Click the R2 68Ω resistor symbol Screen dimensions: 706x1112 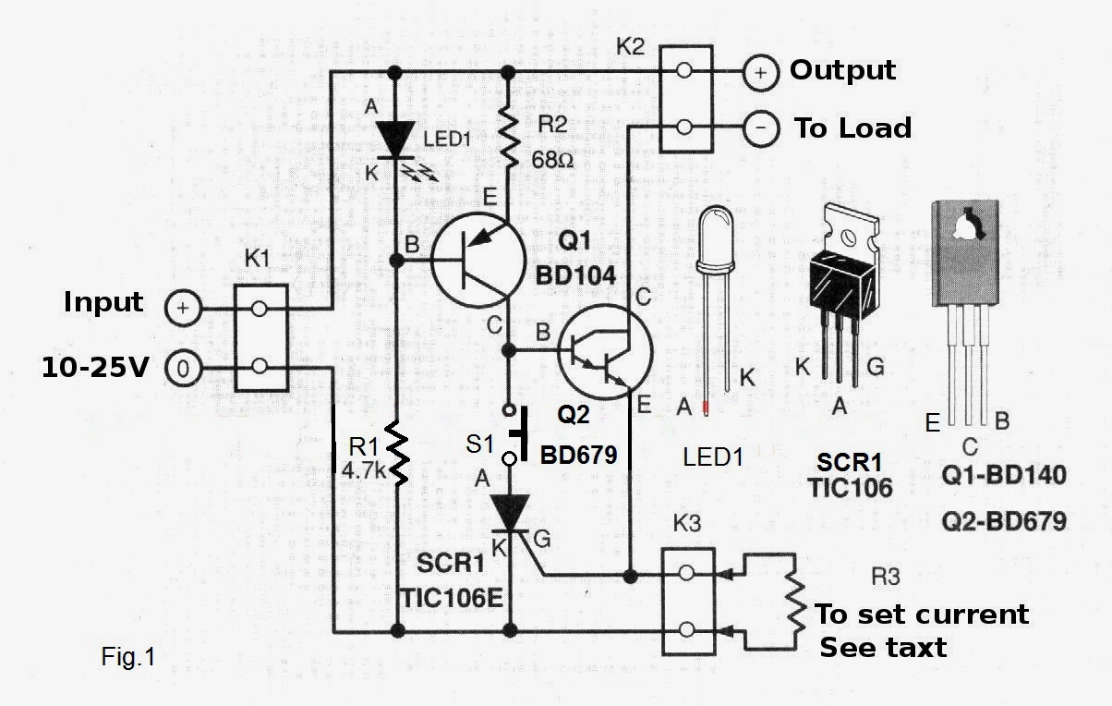(x=507, y=132)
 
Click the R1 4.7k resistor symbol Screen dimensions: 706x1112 (x=397, y=452)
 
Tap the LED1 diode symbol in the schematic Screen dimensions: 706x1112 (x=397, y=139)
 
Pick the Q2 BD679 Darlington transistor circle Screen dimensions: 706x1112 (x=606, y=350)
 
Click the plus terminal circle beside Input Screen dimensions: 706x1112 (x=183, y=309)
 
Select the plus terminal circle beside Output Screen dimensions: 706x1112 (x=760, y=73)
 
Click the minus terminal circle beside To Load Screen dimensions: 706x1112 (x=760, y=128)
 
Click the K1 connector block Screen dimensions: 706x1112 (x=260, y=337)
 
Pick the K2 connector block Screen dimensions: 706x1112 (x=684, y=99)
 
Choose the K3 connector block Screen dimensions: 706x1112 (x=686, y=601)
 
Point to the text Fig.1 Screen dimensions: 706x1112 (x=128, y=657)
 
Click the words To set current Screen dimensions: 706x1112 (x=922, y=615)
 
